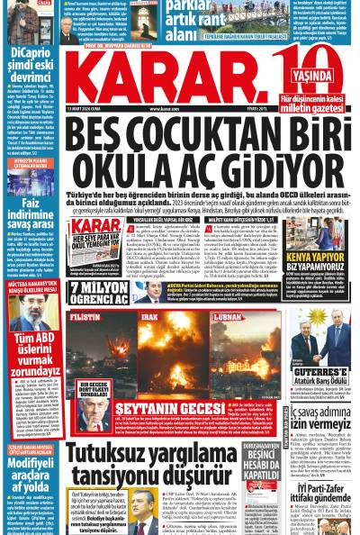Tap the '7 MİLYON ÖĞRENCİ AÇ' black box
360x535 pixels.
[98, 292]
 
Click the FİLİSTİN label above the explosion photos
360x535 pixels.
[85, 318]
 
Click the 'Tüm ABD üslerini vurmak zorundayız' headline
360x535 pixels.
[31, 356]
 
